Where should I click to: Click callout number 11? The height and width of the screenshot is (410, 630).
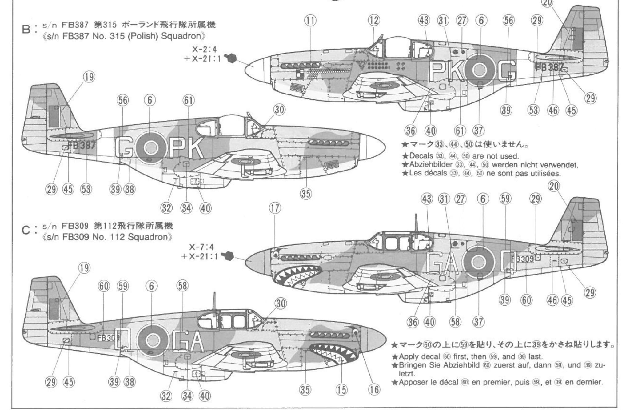coord(311,21)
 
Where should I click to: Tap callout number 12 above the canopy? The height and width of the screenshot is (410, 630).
coord(374,21)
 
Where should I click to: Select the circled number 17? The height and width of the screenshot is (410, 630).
coord(275,208)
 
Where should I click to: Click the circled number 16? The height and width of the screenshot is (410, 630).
coord(374,390)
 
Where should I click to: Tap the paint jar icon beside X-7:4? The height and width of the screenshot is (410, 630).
coord(228,255)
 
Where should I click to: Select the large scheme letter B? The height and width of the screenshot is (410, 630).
coord(26,30)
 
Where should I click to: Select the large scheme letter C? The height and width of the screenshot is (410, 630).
coord(26,231)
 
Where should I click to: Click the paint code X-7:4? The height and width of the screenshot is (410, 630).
coord(201,247)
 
